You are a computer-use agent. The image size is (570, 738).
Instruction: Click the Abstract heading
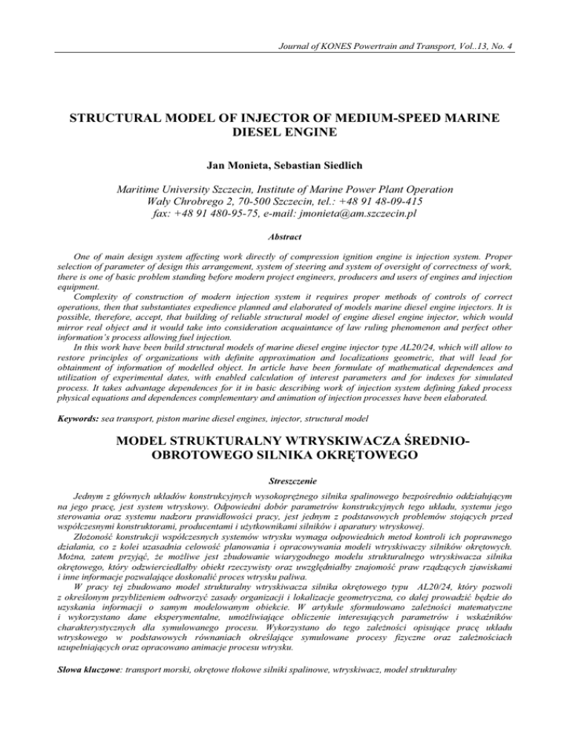click(x=285, y=231)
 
